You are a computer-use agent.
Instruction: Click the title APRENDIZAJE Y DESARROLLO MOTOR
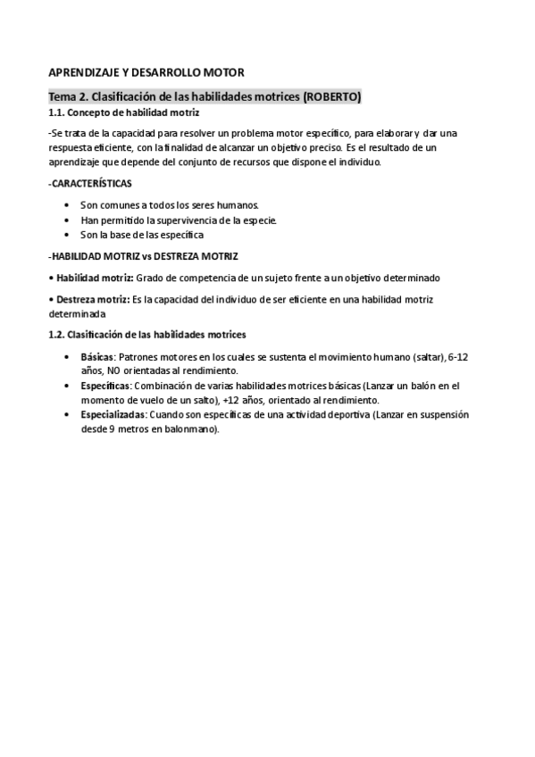146,72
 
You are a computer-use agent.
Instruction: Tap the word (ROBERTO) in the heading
332,96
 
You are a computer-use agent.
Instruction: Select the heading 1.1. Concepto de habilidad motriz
123,113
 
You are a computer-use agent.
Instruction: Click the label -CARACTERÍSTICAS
89,183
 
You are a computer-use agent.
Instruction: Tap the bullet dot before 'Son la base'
68,235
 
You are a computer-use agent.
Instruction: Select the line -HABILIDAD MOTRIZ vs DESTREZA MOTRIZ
143,256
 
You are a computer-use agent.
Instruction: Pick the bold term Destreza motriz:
89,300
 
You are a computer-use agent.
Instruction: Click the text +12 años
240,400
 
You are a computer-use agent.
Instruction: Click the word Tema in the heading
63,96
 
